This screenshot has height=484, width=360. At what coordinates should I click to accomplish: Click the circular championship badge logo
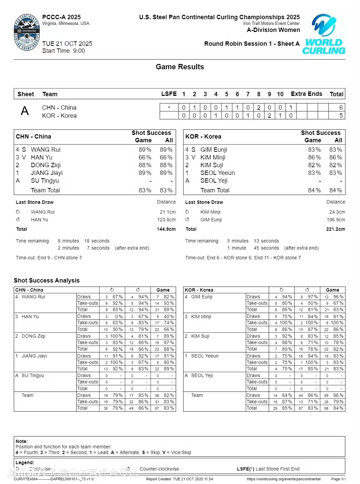click(x=27, y=33)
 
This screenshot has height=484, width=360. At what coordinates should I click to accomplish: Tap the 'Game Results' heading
click(x=180, y=67)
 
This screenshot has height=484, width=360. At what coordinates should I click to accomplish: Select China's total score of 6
click(x=341, y=108)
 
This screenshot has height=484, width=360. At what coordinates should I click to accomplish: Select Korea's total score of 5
click(x=341, y=116)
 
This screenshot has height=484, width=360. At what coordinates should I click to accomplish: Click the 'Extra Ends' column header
click(x=306, y=94)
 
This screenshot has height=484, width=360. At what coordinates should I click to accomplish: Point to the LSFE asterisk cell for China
click(x=169, y=108)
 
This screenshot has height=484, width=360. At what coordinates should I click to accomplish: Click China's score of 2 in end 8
click(x=259, y=108)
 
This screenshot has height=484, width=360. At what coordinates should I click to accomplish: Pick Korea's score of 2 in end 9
click(x=270, y=116)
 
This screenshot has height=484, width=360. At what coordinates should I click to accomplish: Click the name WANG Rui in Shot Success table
click(x=46, y=150)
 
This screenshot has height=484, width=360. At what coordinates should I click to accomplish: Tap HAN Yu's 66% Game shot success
click(x=145, y=157)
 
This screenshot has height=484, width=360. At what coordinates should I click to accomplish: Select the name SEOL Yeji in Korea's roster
click(x=214, y=181)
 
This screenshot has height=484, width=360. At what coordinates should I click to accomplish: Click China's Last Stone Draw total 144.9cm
click(x=166, y=229)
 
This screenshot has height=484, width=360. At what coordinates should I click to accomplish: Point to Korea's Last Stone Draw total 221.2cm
click(x=335, y=229)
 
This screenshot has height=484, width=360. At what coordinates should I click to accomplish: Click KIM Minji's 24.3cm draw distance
click(x=337, y=212)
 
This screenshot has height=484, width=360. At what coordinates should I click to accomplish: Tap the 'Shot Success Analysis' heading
click(x=47, y=281)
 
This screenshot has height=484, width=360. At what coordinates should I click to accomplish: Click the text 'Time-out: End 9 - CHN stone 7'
click(x=49, y=258)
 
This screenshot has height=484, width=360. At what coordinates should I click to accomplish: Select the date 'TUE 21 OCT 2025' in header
click(x=67, y=44)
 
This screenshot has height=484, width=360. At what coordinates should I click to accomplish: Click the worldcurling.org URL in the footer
click(x=284, y=479)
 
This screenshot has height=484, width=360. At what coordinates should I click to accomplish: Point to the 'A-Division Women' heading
click(x=273, y=30)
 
